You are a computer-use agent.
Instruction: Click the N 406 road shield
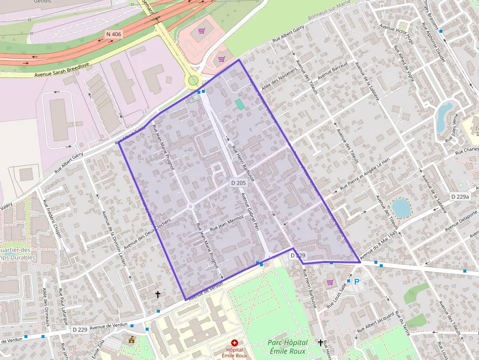[113, 34]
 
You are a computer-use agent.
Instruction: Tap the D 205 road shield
[238, 182]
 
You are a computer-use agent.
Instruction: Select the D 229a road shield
[459, 196]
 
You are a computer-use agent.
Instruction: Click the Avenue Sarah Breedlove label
[62, 71]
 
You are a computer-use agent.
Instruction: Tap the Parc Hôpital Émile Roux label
[287, 347]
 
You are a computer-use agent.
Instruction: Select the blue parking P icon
[357, 281]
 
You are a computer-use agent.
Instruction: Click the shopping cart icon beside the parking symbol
[330, 282]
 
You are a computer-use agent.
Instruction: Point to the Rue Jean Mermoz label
[227, 224]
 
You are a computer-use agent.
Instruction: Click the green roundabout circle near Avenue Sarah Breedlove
[194, 80]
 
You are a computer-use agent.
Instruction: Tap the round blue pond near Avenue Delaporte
[401, 208]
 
